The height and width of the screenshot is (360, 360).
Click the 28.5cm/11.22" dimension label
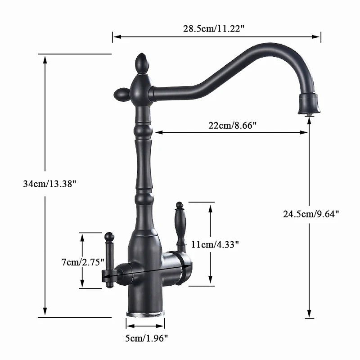pos(213,28)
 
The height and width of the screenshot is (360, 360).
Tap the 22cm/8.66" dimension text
pos(232,126)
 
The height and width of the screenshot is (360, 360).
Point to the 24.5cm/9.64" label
pos(311,214)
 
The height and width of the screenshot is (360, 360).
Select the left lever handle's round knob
pos(109,236)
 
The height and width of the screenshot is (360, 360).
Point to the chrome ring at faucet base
pos(145,313)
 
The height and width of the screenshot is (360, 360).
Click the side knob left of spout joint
pos(122,94)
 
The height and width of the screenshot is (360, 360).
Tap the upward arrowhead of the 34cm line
pos(45,58)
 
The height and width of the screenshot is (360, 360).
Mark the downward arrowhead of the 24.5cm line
pos(309,315)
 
